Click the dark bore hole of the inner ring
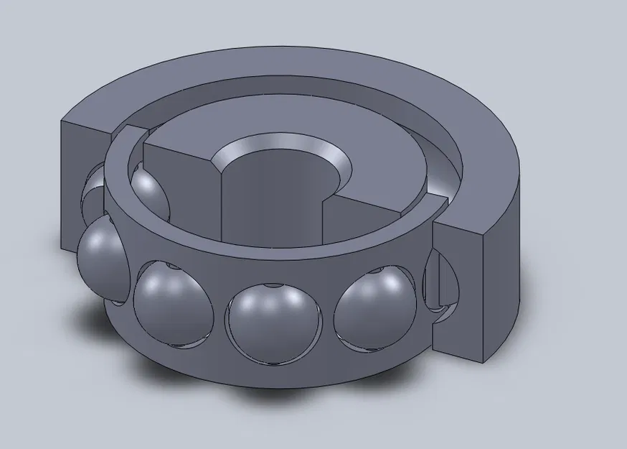269,194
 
